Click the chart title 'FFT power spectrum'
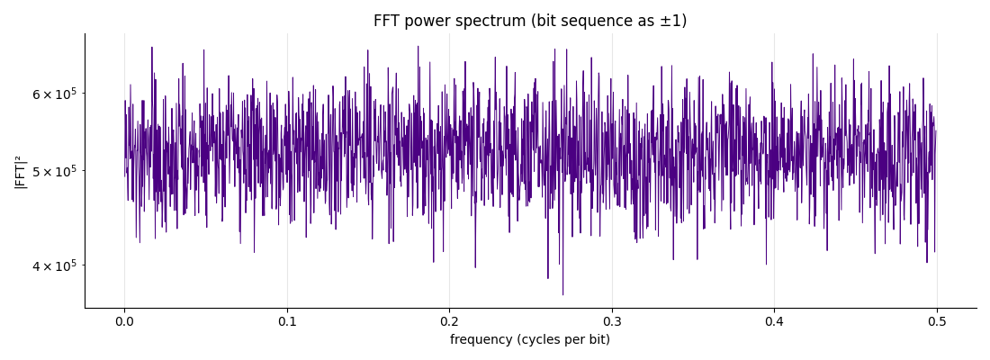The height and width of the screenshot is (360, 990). click(x=449, y=21)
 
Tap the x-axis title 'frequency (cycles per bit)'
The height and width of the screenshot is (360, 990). click(x=530, y=340)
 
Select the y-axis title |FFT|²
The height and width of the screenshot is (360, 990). click(x=20, y=170)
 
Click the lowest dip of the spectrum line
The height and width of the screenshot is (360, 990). click(x=562, y=294)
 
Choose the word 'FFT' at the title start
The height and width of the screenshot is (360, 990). click(x=386, y=21)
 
